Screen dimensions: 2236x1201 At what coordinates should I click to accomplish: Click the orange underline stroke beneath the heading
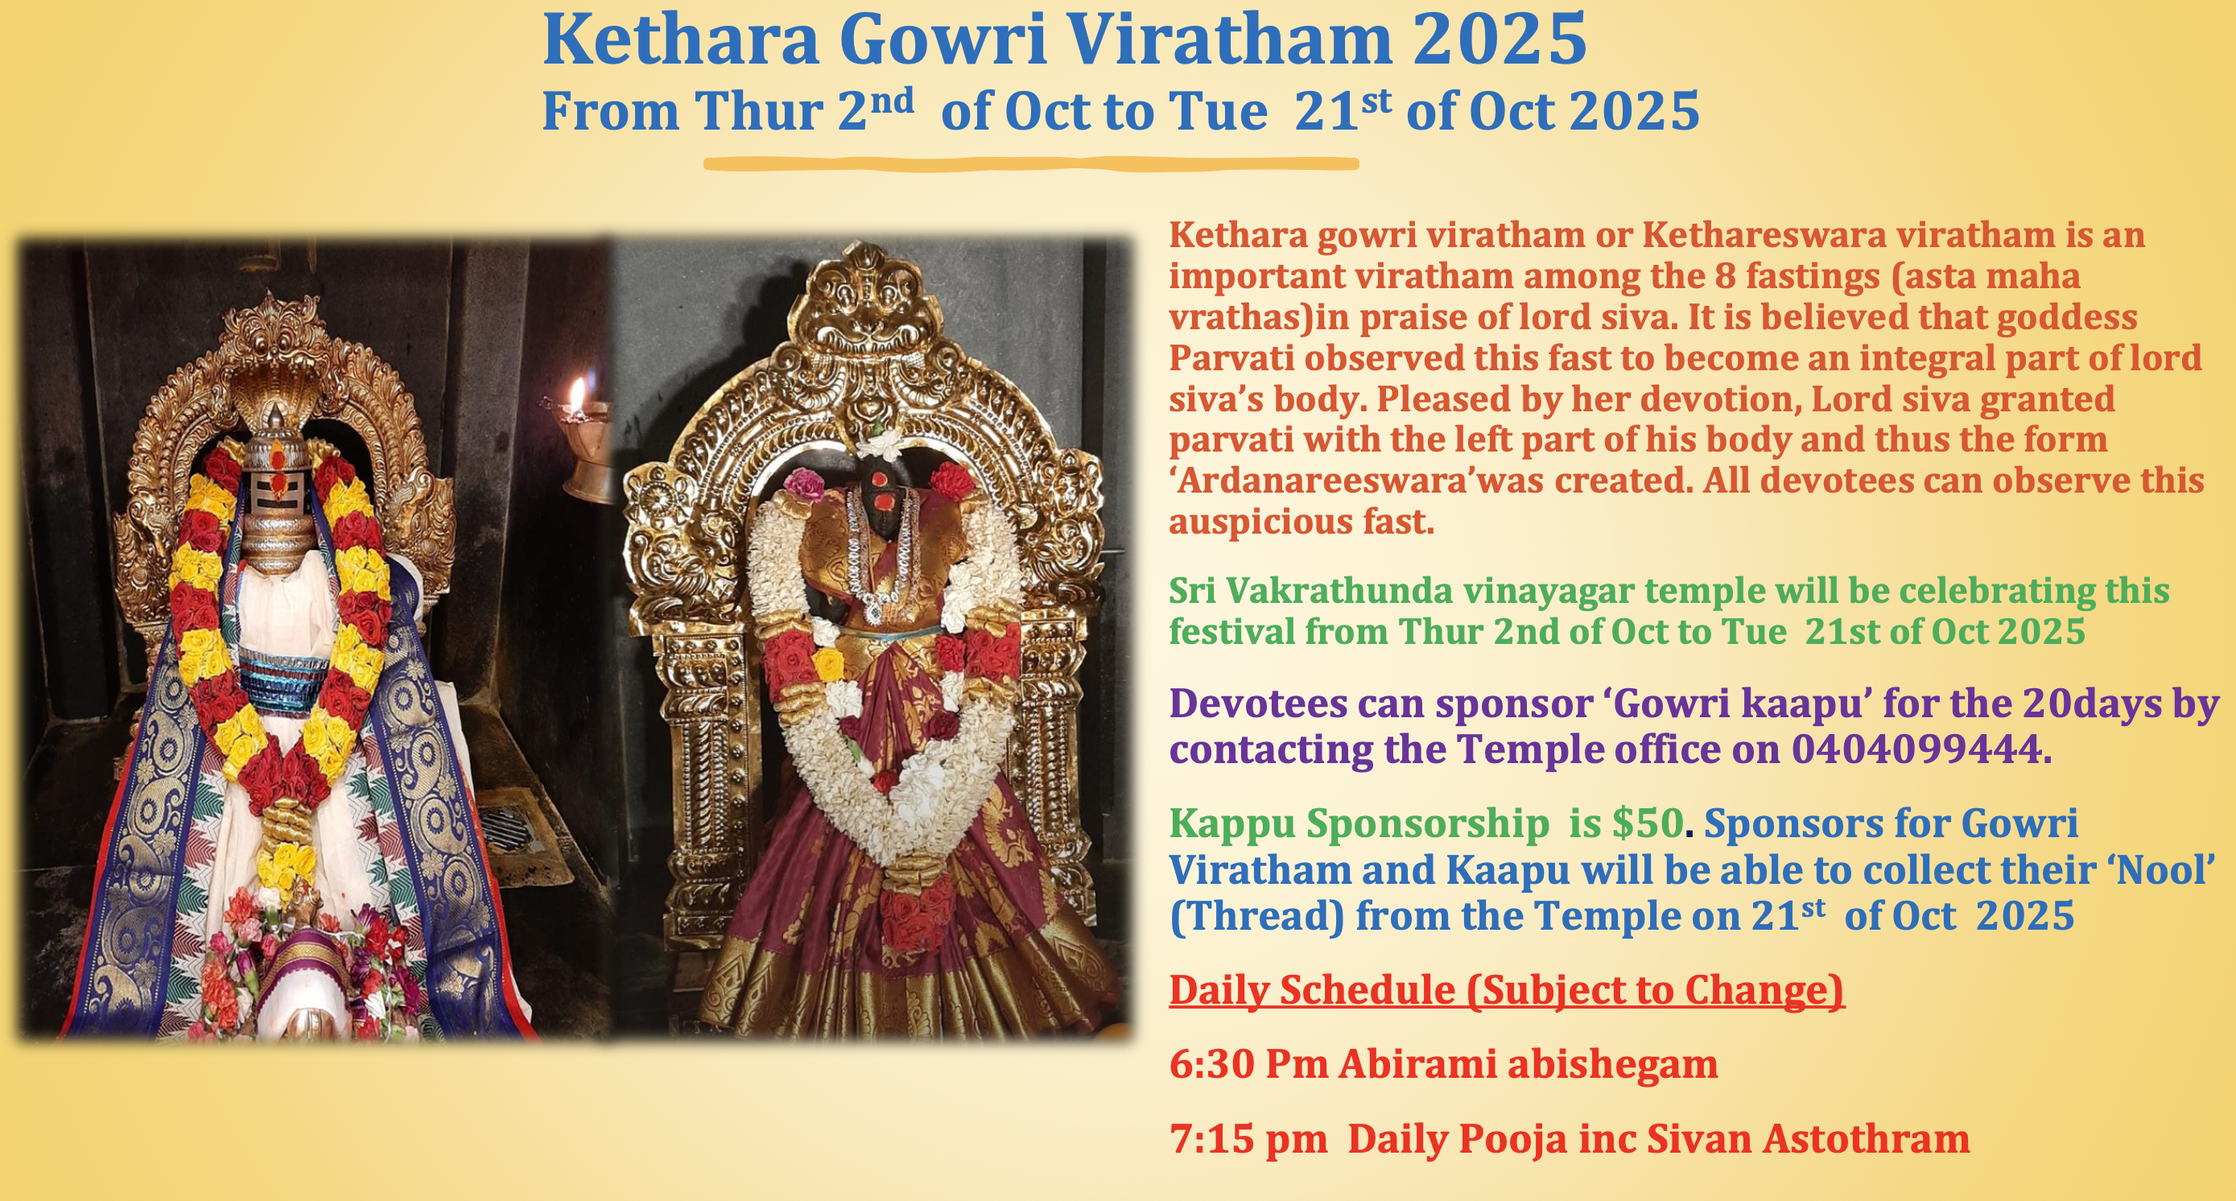[x=1030, y=163]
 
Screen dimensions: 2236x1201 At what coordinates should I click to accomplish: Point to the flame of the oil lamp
[x=576, y=396]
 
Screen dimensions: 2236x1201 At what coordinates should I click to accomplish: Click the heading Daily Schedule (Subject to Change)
[x=1507, y=990]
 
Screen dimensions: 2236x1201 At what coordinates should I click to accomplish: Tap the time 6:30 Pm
[x=1248, y=1064]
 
